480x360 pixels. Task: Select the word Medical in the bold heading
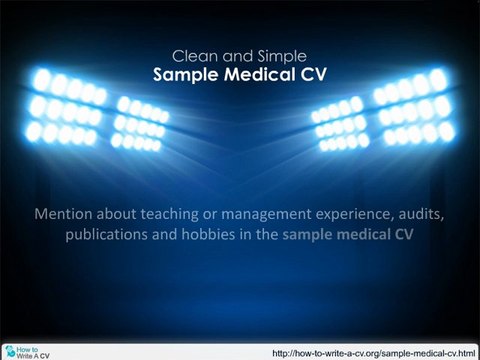tap(260, 74)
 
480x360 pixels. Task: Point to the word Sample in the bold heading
tap(186, 75)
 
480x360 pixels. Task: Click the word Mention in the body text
tap(63, 214)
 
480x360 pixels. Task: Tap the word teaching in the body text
tap(169, 214)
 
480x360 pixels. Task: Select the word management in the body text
tap(266, 215)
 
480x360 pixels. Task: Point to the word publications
tap(107, 235)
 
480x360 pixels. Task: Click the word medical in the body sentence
tap(364, 234)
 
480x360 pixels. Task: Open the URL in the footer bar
tap(373, 353)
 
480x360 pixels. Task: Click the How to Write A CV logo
tap(27, 352)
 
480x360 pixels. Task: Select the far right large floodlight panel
tap(414, 107)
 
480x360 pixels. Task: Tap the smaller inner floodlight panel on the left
tap(140, 123)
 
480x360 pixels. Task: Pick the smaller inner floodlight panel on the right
tap(341, 123)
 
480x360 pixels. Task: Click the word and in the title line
tap(238, 56)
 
